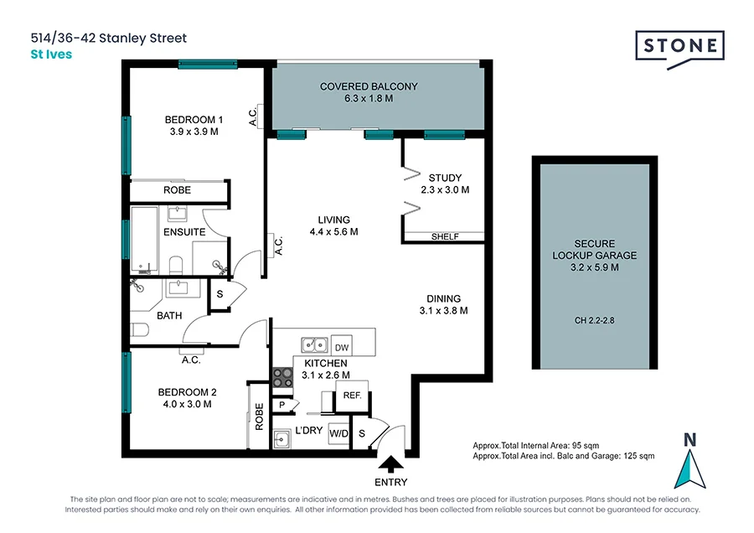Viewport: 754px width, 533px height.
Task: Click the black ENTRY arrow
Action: [390, 463]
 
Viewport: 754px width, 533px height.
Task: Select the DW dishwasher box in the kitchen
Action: [341, 347]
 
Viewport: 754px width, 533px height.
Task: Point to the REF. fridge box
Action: [352, 396]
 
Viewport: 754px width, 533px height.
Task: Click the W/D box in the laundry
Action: [338, 434]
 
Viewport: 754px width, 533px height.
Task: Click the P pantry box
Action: [282, 404]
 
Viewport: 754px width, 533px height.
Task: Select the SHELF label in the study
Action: [445, 236]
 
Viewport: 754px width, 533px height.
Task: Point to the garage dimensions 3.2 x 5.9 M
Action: [594, 268]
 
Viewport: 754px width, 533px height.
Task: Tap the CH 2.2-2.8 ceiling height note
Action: [594, 319]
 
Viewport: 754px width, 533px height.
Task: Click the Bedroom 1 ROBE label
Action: [177, 190]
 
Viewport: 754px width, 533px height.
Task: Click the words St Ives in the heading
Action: [51, 54]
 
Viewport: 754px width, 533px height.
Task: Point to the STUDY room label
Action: [445, 178]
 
